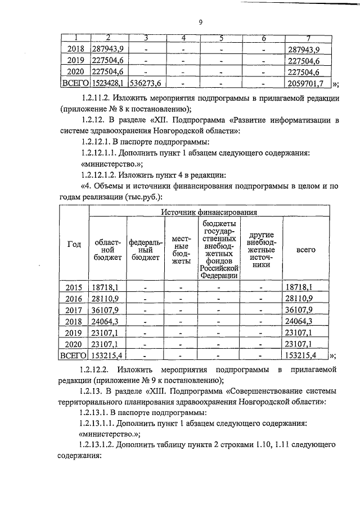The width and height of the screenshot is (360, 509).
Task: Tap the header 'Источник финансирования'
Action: point(209,212)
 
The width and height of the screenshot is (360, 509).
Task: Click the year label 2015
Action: point(74,287)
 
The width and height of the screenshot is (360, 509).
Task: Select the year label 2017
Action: point(74,309)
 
